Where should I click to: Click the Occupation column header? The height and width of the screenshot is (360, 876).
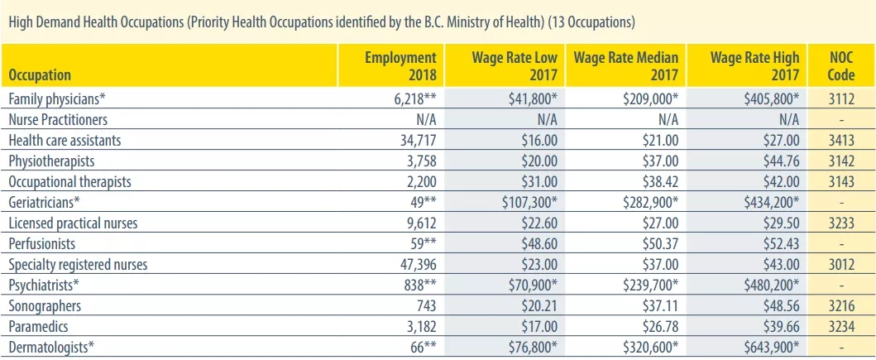click(40, 74)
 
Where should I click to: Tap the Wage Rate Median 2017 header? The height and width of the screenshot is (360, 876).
click(625, 66)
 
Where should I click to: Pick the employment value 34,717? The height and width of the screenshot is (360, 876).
click(412, 141)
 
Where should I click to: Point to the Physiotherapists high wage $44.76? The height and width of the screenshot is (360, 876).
click(781, 161)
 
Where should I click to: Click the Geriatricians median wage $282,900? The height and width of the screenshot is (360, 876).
click(650, 202)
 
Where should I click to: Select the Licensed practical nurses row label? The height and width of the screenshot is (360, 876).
click(73, 223)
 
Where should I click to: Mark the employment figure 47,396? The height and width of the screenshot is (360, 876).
click(412, 264)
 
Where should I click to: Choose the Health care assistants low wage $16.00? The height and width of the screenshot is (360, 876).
click(539, 141)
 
